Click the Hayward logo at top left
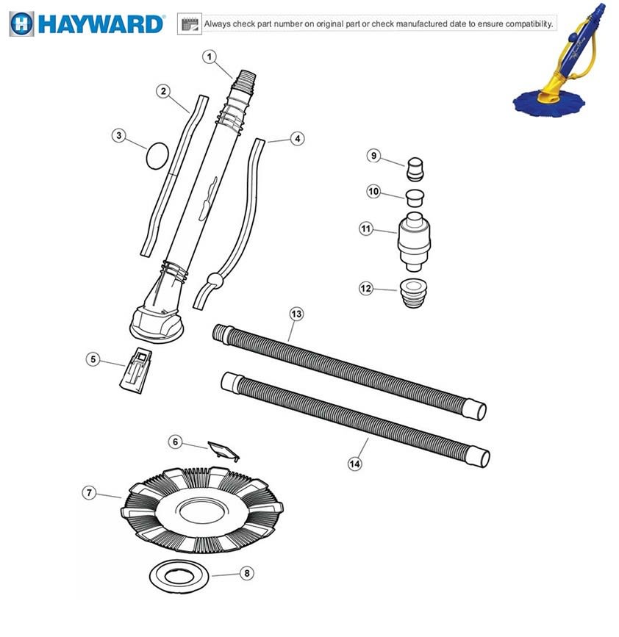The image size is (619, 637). pos(87,24)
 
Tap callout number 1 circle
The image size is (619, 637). pos(210,57)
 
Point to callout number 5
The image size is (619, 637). pos(92,359)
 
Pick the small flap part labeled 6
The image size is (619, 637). pos(223,451)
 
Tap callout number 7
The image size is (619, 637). pos(90,493)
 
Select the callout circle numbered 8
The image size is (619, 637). pos(247,573)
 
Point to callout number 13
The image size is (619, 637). pos(296,314)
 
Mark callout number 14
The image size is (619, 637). pos(355,464)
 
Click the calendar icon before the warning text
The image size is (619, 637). pos(190,24)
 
